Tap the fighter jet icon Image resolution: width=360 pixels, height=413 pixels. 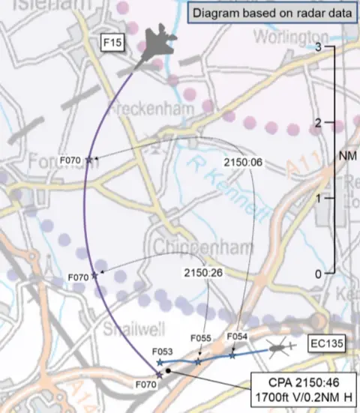tap(160, 47)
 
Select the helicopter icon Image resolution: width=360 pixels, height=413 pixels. tap(281, 347)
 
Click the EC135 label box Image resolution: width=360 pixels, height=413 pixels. tap(329, 344)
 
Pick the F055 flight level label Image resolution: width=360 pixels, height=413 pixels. tap(202, 338)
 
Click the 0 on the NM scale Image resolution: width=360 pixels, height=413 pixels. tap(318, 274)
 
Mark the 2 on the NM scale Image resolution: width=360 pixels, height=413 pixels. tap(318, 122)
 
